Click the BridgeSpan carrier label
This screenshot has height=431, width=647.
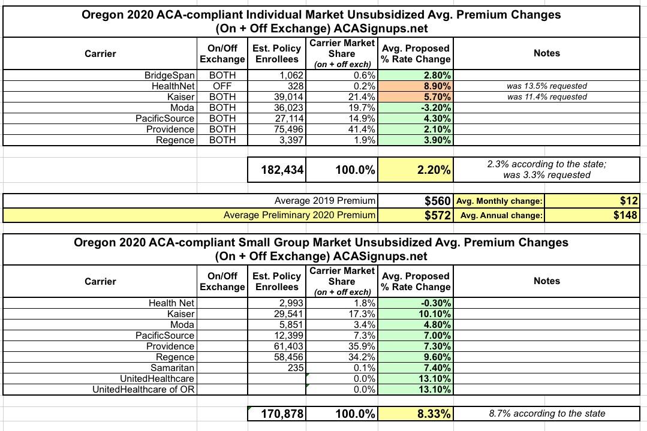(x=170, y=76)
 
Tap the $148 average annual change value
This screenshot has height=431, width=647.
(x=625, y=215)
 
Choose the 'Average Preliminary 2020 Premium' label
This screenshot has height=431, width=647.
(x=299, y=215)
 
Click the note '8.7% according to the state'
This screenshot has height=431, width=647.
(x=546, y=414)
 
